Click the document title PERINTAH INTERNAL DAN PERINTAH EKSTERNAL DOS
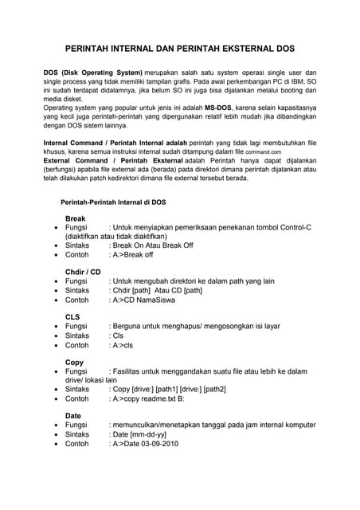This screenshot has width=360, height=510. (x=180, y=49)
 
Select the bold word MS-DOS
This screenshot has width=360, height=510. (x=221, y=106)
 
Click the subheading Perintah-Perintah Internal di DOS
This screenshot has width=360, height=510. (x=113, y=202)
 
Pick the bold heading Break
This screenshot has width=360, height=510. (x=75, y=218)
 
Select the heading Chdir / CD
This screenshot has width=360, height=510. (x=83, y=272)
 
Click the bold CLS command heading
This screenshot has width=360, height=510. (x=73, y=317)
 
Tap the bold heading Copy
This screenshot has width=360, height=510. (x=74, y=362)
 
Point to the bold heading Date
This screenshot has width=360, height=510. (x=74, y=416)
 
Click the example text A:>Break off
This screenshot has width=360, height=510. (x=132, y=256)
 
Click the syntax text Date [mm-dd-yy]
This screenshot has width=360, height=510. (x=140, y=434)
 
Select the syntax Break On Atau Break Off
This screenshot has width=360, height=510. (x=154, y=246)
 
